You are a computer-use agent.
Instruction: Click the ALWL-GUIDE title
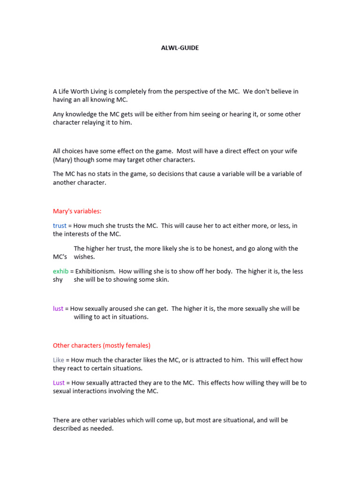tap(180, 48)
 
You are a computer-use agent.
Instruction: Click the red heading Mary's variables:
tap(77, 211)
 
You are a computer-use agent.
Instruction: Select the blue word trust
tap(60, 225)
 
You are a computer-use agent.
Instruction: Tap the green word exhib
tap(60, 271)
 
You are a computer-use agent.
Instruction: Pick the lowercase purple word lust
tap(58, 309)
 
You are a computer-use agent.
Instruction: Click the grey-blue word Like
tap(59, 360)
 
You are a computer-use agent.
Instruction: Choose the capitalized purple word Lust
tap(59, 383)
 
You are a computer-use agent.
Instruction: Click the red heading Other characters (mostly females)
tap(102, 345)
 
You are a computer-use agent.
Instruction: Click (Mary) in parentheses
tap(63, 160)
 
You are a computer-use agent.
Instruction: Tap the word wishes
tap(84, 257)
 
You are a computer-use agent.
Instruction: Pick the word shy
tap(58, 280)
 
